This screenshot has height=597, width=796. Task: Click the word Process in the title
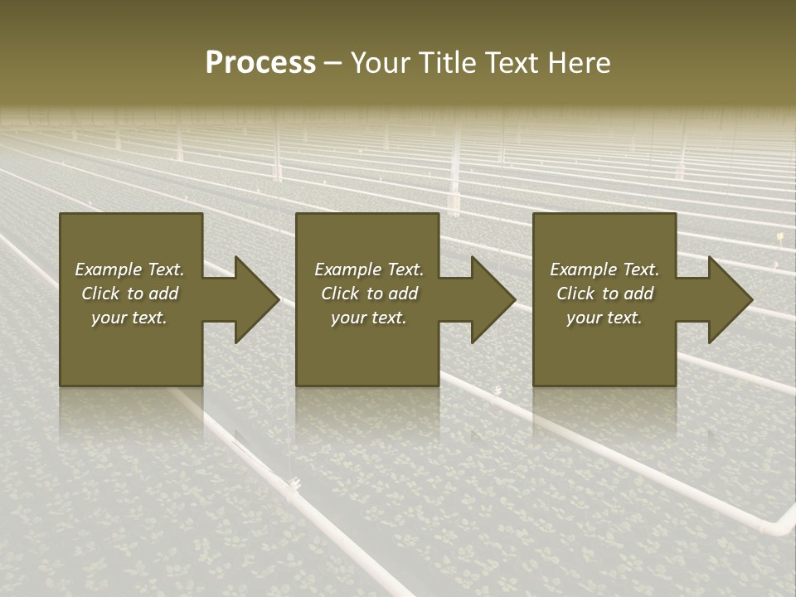[x=260, y=63]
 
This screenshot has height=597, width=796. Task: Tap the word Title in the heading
[x=444, y=63]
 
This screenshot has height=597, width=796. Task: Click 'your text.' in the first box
[x=129, y=318]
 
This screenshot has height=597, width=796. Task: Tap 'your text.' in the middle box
[x=368, y=318]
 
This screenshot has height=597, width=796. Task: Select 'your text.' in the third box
[x=604, y=318]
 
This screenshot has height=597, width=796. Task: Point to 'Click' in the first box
[x=100, y=294]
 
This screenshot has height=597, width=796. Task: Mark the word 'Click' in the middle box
[x=340, y=294]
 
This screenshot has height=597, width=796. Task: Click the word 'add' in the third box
[x=638, y=294]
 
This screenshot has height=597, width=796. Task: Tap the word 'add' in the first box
[x=163, y=294]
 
